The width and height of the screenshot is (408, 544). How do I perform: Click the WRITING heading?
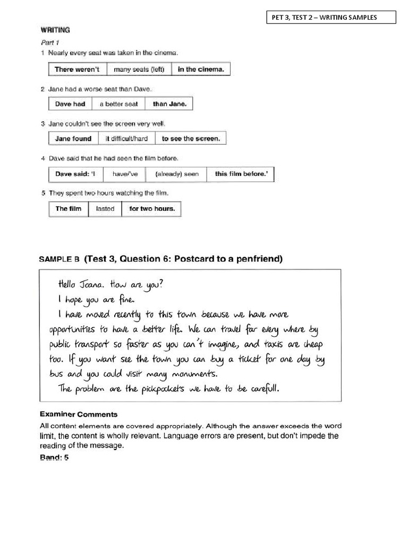pos(55,30)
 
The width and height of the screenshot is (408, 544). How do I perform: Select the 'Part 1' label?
pos(49,42)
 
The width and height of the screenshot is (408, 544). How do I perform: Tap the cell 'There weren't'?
pos(77,70)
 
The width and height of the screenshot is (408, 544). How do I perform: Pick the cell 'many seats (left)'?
pos(139,70)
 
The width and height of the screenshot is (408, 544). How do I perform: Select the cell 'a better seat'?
pos(118,104)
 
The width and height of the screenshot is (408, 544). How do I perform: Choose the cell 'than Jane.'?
pos(169,104)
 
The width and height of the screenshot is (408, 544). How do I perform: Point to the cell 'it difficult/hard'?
pos(126,139)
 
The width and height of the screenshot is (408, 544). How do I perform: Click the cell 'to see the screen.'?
pos(191,139)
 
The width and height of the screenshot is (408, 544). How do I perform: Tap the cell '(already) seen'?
pos(177,174)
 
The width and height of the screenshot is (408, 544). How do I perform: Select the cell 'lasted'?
pos(105,209)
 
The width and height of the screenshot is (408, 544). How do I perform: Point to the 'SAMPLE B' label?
pos(59,260)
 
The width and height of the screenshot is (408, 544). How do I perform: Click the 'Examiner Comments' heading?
pos(79,414)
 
